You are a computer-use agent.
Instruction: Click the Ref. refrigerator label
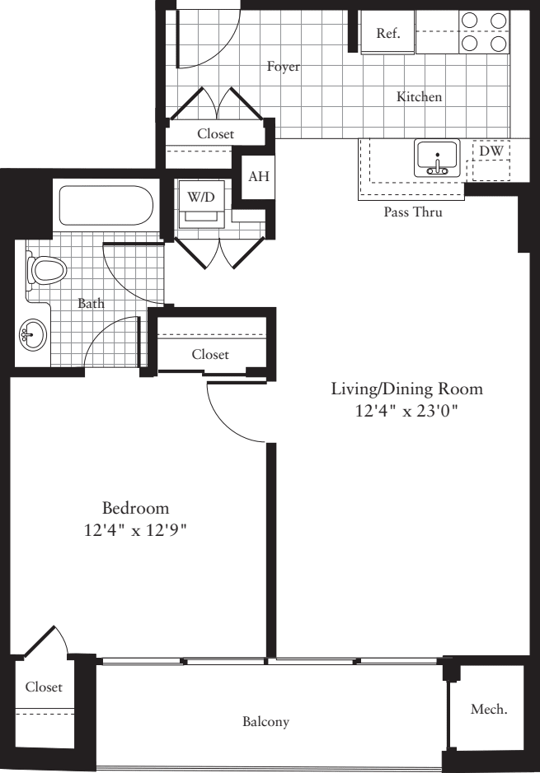[388, 34]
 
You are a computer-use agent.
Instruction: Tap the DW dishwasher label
[491, 151]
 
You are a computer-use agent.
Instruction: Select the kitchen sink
[437, 157]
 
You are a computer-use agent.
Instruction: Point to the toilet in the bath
[46, 270]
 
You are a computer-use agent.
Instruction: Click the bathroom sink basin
[32, 334]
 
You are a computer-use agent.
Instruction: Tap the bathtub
[105, 207]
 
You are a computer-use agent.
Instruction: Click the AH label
[258, 176]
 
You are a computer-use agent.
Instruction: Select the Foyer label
[283, 67]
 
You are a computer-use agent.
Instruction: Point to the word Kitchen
[420, 97]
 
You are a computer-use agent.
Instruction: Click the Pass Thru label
[412, 212]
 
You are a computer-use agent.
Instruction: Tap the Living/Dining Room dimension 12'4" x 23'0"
[406, 411]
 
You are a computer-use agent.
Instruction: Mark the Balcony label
[265, 722]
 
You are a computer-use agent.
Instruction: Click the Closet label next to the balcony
[44, 687]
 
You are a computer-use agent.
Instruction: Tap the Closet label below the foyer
[215, 133]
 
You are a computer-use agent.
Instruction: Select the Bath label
[91, 303]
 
